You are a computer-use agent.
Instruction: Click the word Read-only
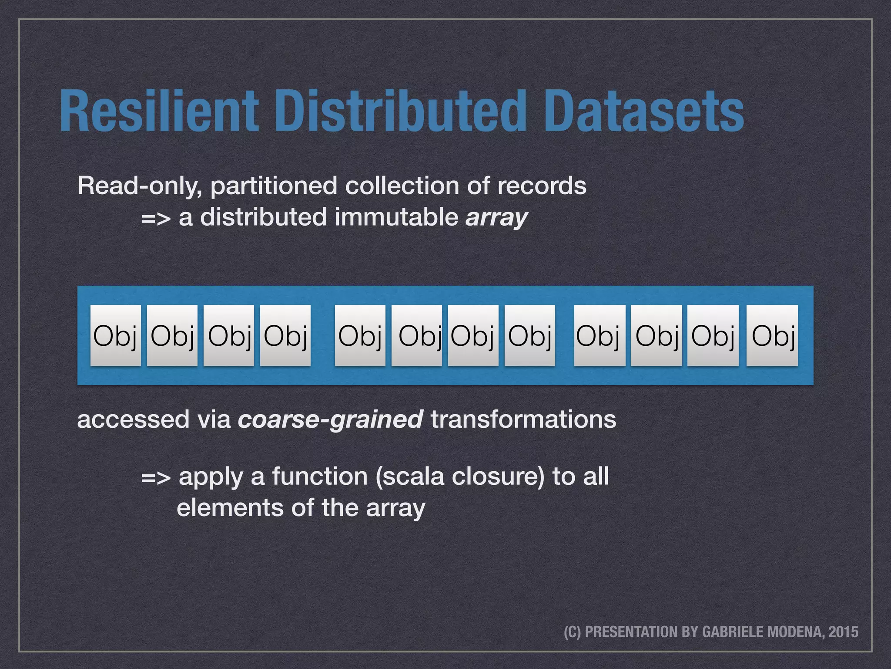139,186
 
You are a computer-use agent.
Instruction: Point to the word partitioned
274,186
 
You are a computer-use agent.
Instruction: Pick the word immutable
396,217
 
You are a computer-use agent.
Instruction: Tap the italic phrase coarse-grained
330,420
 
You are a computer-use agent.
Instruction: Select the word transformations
523,419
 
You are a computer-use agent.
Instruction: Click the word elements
230,508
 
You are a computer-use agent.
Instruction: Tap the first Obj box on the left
115,335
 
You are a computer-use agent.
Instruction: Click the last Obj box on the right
772,335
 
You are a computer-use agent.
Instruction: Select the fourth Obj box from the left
285,335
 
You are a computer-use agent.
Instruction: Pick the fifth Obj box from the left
360,335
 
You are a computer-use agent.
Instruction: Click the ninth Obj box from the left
600,335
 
